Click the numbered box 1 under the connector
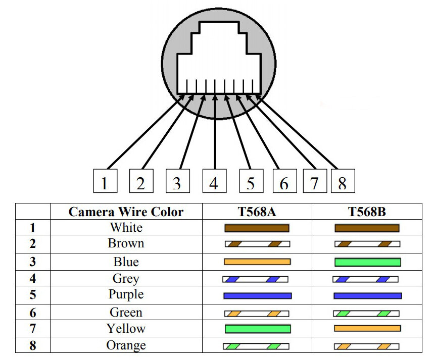click(x=105, y=181)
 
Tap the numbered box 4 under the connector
click(x=214, y=181)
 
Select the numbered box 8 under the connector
click(x=343, y=181)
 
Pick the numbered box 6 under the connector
click(x=284, y=181)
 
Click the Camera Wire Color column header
click(x=126, y=212)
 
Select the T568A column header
click(x=257, y=212)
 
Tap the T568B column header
click(x=367, y=212)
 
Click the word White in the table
click(x=126, y=228)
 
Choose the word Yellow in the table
click(x=126, y=329)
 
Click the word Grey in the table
click(x=126, y=279)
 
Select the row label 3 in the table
click(x=32, y=262)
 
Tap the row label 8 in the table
click(x=32, y=345)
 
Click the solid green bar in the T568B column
click(x=367, y=262)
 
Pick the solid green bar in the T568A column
click(x=258, y=329)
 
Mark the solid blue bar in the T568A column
click(x=257, y=296)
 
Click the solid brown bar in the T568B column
click(x=367, y=228)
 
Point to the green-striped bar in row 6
click(x=366, y=314)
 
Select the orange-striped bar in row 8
click(x=366, y=346)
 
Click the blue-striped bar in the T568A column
click(x=255, y=279)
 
